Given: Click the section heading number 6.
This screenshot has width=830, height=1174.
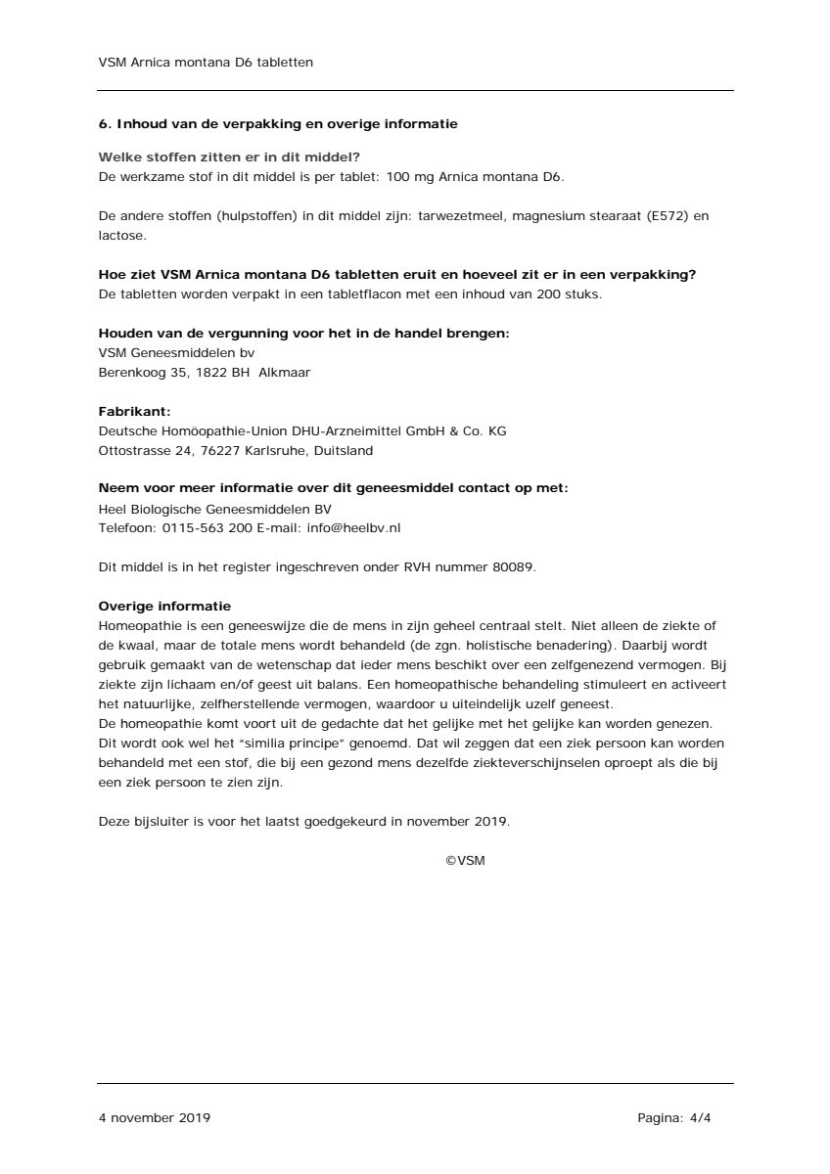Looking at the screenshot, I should (x=104, y=124).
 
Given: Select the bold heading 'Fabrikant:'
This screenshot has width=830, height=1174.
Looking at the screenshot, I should (x=134, y=412).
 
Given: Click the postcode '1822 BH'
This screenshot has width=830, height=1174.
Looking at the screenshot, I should (x=227, y=372).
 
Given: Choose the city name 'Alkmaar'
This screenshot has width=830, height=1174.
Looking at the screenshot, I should (x=285, y=372).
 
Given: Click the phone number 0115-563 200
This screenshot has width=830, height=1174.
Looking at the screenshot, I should (x=203, y=527).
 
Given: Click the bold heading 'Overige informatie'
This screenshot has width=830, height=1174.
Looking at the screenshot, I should (x=164, y=606).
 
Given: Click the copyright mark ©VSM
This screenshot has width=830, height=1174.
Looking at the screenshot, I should (x=465, y=861).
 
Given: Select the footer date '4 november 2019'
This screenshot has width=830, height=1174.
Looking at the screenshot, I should (x=154, y=1117).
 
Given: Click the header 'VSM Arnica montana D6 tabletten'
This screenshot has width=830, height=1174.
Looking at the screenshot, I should (x=206, y=62).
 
